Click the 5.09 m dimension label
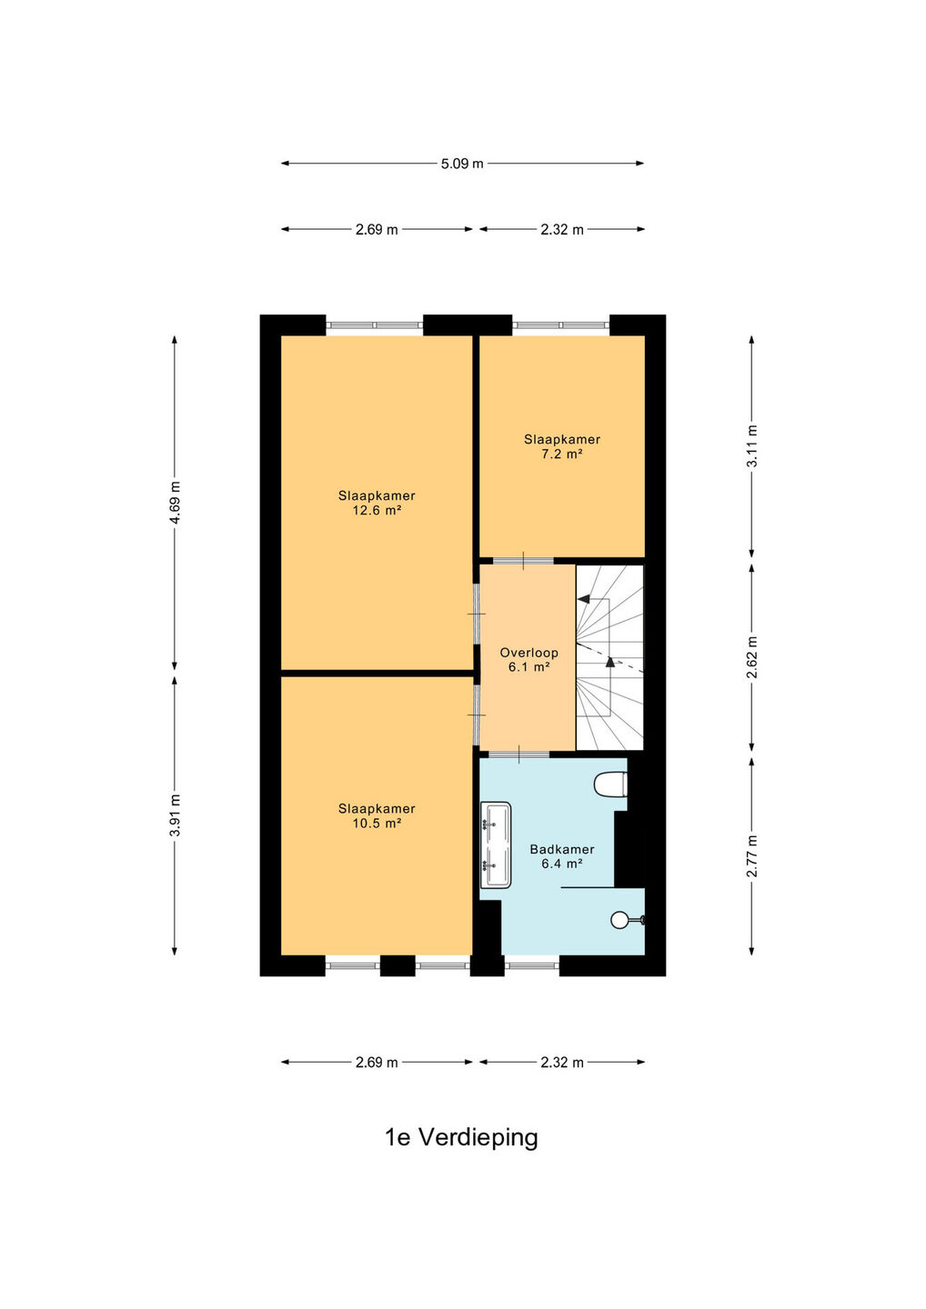pos(462,164)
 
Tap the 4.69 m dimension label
pos(175,503)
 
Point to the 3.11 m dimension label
pos(751,445)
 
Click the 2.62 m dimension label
pos(751,657)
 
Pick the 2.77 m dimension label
pos(751,856)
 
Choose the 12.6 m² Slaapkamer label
pos(377,503)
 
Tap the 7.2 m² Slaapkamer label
pos(562,446)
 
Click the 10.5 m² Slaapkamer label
pos(377,815)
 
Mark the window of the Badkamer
pos(531,965)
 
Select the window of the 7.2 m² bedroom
pos(561,325)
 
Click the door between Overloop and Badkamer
pos(519,754)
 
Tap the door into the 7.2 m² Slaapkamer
pos(523,561)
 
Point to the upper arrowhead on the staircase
pos(583,599)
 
